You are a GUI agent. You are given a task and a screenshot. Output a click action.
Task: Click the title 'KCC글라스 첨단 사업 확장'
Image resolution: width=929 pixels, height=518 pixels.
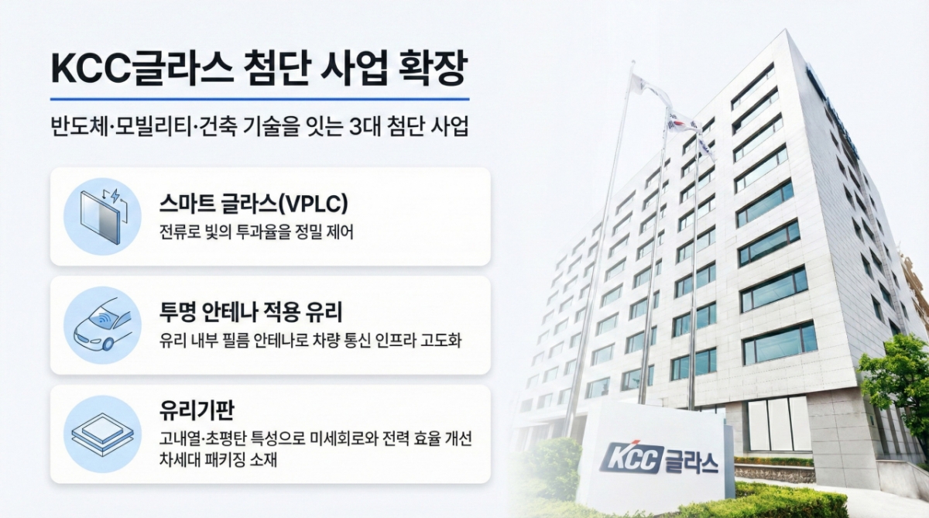point(259,70)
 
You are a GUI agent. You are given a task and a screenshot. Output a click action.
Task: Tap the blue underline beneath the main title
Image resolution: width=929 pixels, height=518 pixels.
point(259,99)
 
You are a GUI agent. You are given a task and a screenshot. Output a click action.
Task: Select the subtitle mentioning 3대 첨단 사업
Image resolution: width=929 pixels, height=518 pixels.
point(259,128)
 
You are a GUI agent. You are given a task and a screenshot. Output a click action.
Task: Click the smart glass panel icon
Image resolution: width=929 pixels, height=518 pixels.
point(101,216)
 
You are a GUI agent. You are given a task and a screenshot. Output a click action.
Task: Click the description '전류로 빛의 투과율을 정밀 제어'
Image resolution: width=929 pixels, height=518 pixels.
point(255,233)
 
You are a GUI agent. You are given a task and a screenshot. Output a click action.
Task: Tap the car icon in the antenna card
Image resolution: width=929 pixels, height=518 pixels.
point(101,325)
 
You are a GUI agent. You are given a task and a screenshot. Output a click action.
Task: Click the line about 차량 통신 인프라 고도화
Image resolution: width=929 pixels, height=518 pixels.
point(310,341)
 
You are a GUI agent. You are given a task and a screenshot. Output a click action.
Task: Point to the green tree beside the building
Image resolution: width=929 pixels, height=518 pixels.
point(898,379)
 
